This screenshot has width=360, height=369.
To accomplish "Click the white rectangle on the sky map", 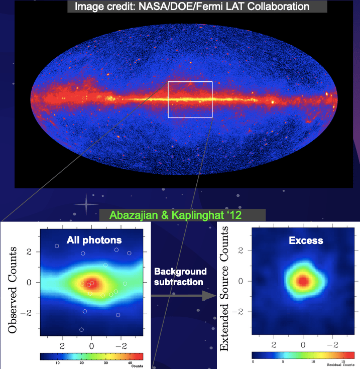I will [x=190, y=82].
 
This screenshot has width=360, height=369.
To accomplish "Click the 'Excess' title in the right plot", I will [x=306, y=240].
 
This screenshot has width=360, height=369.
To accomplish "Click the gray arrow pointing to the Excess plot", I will [x=181, y=296].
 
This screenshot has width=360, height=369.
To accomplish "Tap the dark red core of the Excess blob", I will [x=303, y=281].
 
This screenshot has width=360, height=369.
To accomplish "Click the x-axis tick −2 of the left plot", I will [x=121, y=346].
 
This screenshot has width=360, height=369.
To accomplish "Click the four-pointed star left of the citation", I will [x=85, y=205].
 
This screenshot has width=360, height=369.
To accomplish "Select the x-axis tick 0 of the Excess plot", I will [x=303, y=345].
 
